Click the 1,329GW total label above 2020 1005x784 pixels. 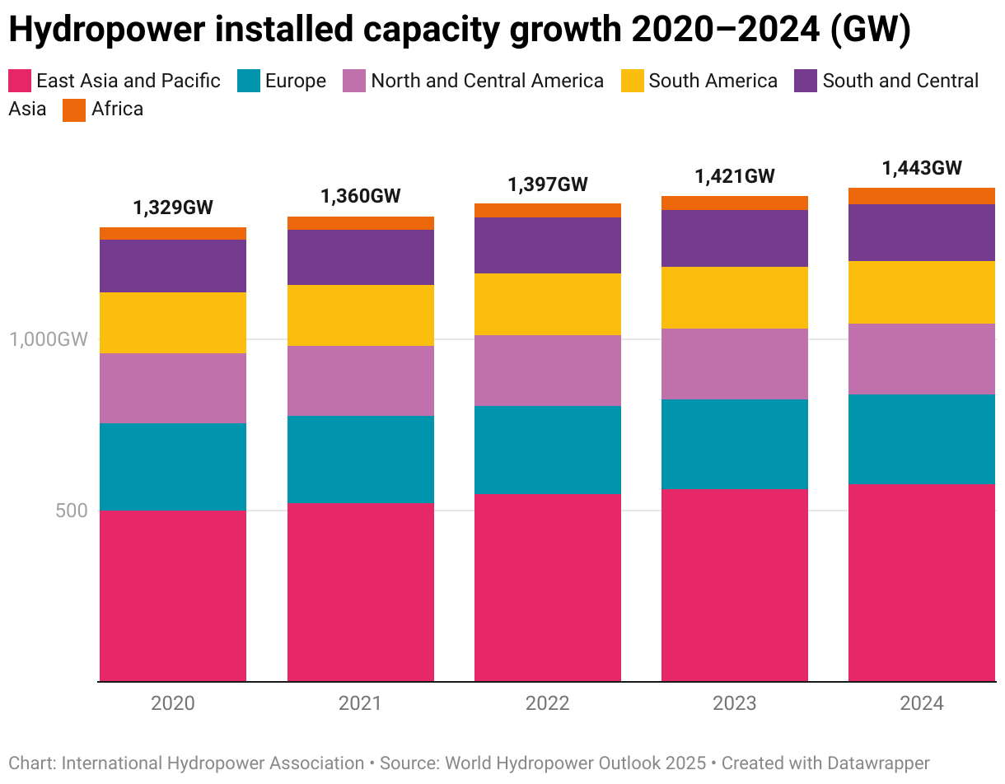pos(173,208)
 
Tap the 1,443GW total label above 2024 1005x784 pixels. pos(922,168)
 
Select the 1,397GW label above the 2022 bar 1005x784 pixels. pos(548,184)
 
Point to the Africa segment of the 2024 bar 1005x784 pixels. pos(922,196)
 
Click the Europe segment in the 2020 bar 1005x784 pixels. pos(173,466)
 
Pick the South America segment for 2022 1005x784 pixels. pos(548,304)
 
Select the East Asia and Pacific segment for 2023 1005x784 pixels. pos(735,585)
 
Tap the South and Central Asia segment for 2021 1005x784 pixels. pos(361,257)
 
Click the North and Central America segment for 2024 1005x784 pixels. pos(922,359)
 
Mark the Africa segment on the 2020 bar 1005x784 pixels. pos(173,233)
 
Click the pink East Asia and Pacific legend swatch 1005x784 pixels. pos(20,81)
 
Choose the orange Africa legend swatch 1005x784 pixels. pos(74,110)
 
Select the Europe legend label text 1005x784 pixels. pos(296,81)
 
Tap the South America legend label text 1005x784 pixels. pos(713,81)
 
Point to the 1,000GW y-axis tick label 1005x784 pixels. pos(48,339)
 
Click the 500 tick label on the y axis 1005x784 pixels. pos(71,511)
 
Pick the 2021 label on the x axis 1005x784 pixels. pos(361,704)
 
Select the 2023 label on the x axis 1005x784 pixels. pos(735,704)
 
